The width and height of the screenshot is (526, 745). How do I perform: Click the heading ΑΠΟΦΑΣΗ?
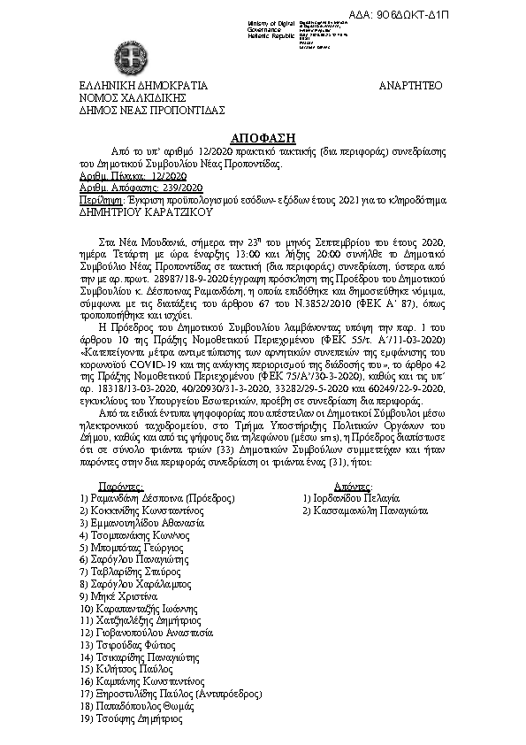(263, 139)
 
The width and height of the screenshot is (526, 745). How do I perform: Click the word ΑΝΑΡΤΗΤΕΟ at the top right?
(409, 86)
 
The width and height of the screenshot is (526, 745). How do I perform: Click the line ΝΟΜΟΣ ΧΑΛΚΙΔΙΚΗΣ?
(123, 98)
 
